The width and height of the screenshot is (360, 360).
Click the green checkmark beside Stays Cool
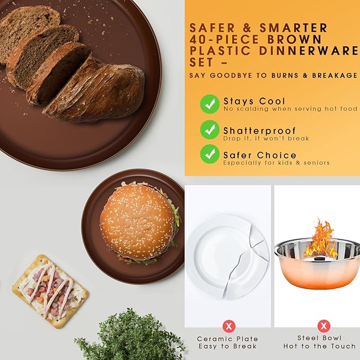[209, 104]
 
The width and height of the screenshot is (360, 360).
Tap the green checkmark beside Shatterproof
[209, 129]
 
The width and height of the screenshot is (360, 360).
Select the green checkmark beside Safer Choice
[209, 154]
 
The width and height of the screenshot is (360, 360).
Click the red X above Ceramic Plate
[229, 326]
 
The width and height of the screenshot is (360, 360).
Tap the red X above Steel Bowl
[324, 326]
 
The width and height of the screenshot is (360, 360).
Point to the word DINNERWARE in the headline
[309, 51]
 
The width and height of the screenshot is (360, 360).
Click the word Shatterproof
[259, 130]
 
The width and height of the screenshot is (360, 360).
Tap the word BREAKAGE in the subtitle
[335, 75]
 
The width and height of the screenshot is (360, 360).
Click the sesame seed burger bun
[137, 222]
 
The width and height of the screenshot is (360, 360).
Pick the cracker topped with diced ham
[50, 291]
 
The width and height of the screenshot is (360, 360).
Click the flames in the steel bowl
[320, 239]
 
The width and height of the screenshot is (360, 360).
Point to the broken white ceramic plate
[227, 257]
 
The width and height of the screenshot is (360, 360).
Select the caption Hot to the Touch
[319, 346]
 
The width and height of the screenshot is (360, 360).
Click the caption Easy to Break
[227, 346]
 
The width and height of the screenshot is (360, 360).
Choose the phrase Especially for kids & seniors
[276, 163]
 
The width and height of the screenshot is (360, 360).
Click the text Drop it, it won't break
[266, 138]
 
